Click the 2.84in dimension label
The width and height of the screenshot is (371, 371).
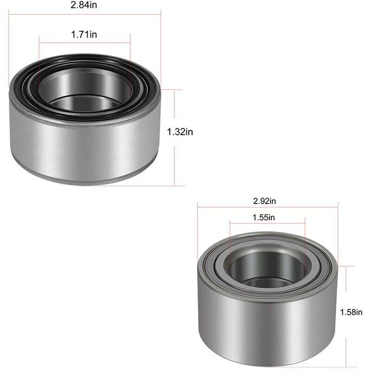click(84, 6)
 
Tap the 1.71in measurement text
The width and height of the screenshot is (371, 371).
click(84, 34)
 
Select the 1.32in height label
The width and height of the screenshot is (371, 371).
click(180, 132)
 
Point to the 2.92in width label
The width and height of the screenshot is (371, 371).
click(264, 201)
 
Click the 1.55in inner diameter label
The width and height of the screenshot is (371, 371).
click(264, 217)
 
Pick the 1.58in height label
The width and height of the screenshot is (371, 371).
click(350, 312)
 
